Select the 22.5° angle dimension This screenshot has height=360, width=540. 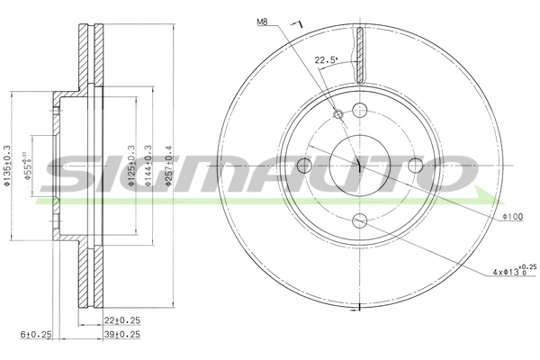pos(325,61)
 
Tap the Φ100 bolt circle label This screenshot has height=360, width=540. pos(512,217)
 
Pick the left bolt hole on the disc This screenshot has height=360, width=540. pos(303,166)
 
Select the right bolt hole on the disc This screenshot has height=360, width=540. pos(415,166)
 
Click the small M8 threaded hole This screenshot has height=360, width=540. pos(338,114)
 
